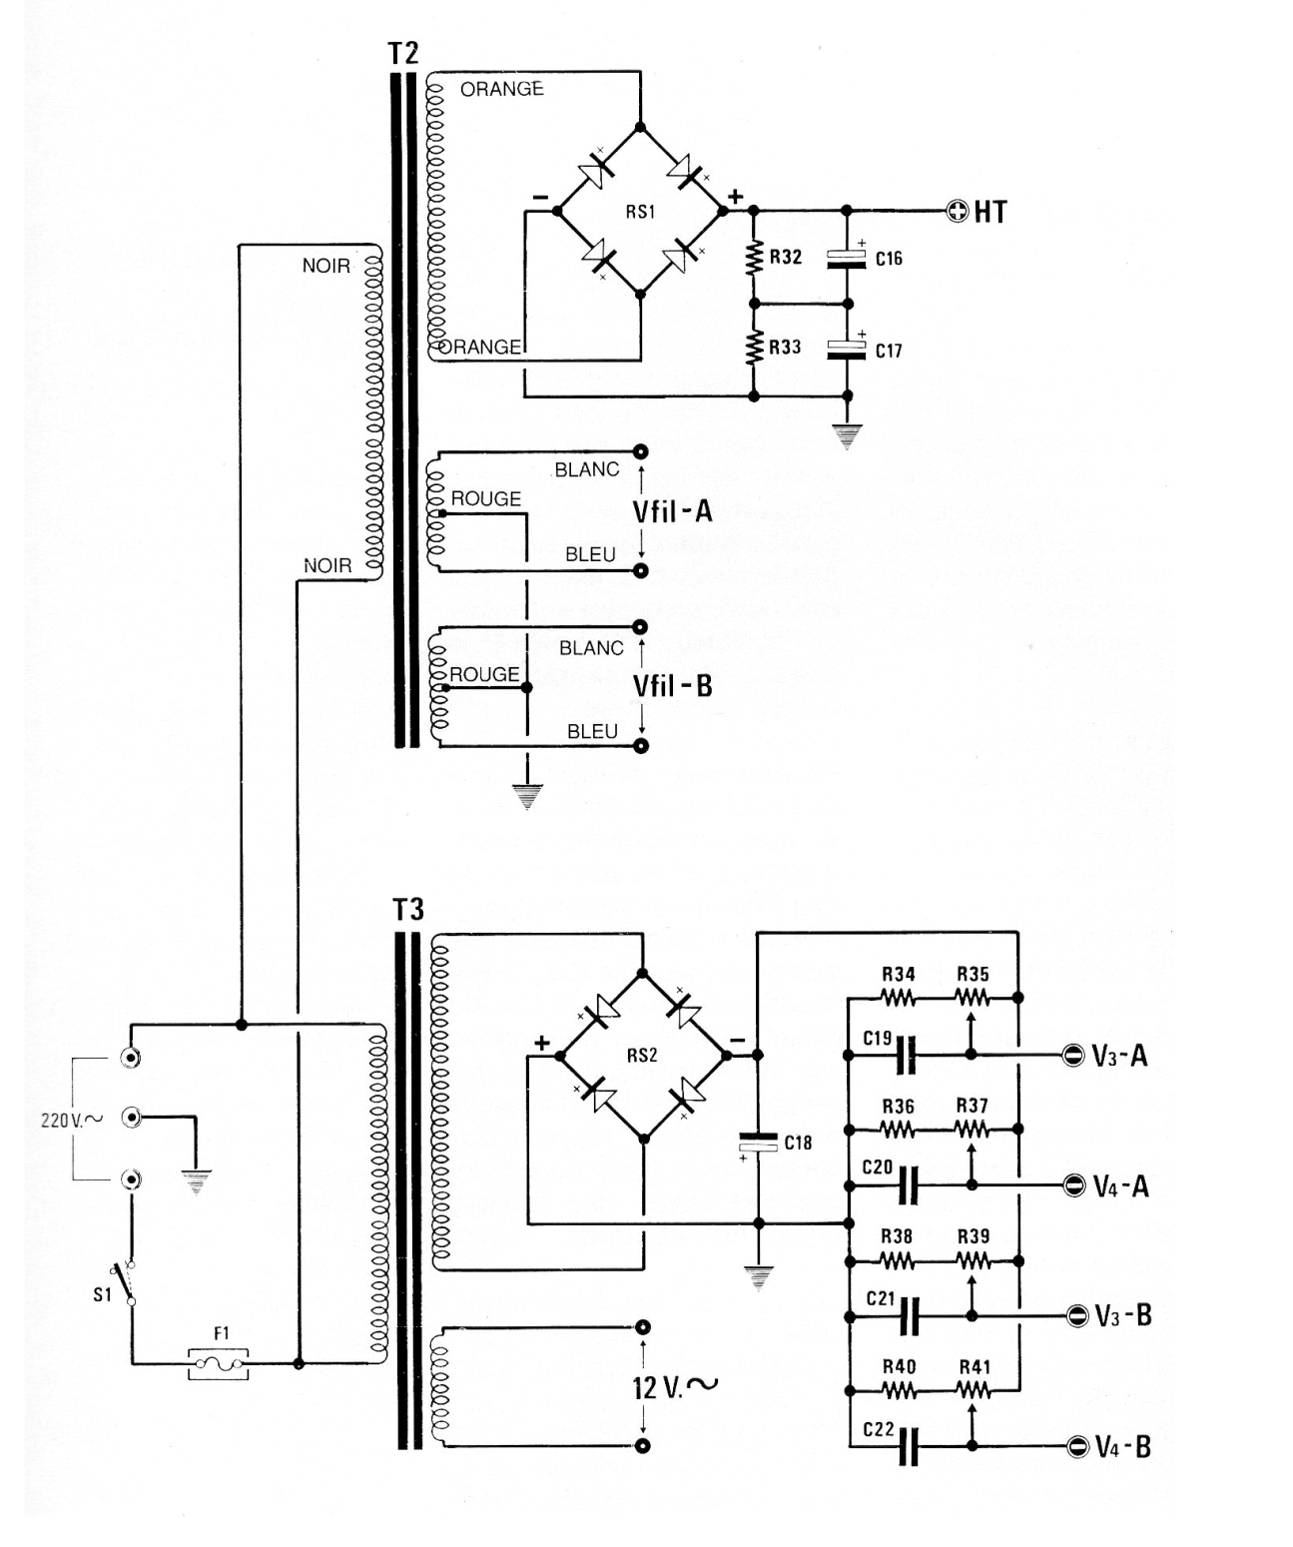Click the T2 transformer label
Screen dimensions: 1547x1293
point(402,53)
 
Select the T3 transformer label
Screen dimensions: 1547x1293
point(408,910)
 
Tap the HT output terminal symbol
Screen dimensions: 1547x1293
point(958,211)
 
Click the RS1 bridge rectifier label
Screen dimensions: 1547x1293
point(640,212)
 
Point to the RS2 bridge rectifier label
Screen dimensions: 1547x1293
point(642,1055)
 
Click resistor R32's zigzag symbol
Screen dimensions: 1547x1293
point(754,258)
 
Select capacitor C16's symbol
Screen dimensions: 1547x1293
point(847,259)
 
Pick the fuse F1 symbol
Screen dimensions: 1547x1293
point(220,1362)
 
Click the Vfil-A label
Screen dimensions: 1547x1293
point(672,511)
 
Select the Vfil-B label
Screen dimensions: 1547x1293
point(672,686)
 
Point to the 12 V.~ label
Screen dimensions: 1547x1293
point(675,1386)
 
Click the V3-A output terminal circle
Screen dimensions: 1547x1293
point(1073,1055)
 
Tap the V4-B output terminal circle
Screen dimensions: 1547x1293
point(1076,1446)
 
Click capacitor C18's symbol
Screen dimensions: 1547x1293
point(758,1143)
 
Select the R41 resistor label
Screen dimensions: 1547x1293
point(973,1367)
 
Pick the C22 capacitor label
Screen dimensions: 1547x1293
point(878,1429)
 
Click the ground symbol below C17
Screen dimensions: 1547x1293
point(847,436)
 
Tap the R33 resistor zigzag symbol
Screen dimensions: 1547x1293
point(754,348)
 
